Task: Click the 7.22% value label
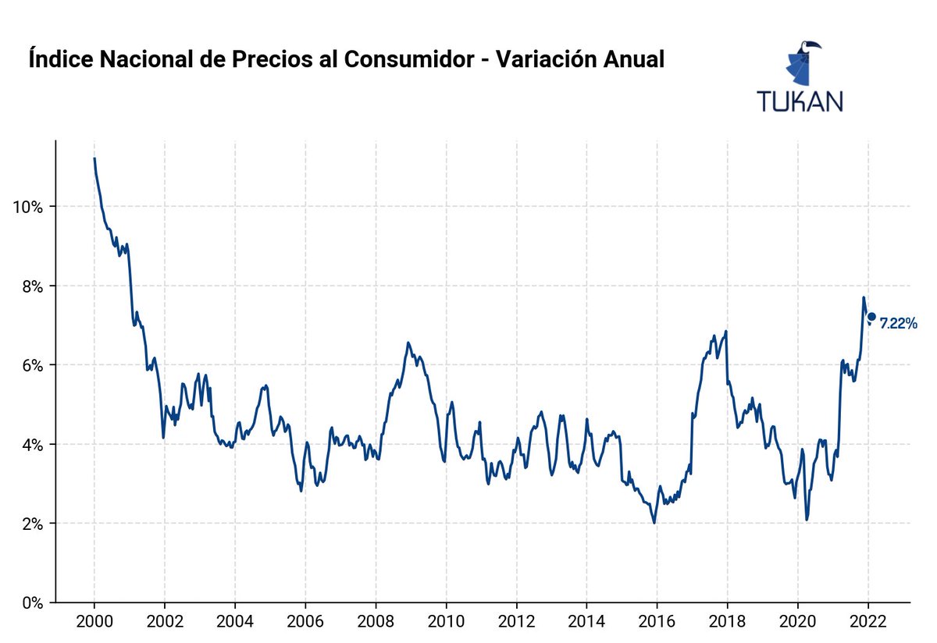(898, 324)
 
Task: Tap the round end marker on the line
(871, 316)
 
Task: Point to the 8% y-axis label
(28, 286)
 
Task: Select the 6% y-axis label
(28, 365)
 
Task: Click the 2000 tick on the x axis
(94, 623)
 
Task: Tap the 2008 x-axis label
(376, 623)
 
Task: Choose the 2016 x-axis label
(657, 623)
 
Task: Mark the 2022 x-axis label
(868, 623)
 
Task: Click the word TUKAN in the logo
(800, 101)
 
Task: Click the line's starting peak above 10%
(94, 158)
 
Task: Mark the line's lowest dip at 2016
(654, 523)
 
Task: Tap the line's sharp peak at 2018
(726, 332)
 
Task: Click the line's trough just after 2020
(807, 519)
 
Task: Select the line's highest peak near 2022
(863, 297)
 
